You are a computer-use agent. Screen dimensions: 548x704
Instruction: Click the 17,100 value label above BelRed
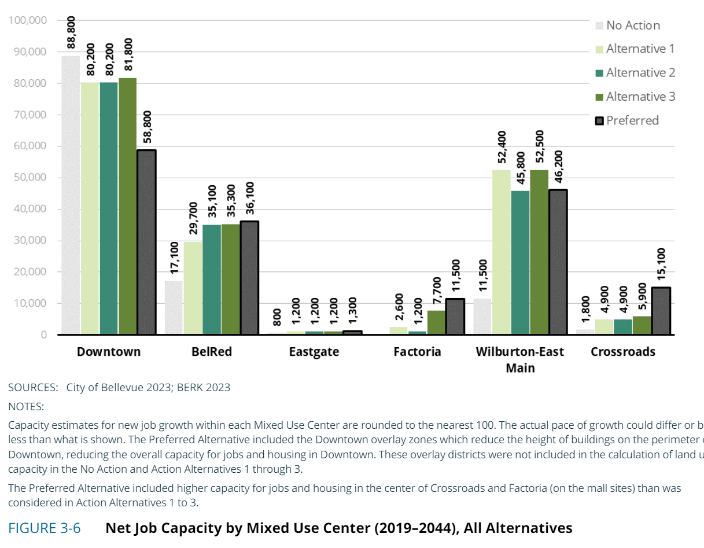[174, 260]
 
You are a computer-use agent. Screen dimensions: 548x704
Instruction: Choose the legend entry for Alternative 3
[640, 97]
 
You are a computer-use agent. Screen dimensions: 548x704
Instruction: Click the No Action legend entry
[633, 25]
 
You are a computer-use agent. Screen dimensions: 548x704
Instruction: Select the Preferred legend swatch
[600, 120]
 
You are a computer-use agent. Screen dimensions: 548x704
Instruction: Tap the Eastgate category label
[314, 352]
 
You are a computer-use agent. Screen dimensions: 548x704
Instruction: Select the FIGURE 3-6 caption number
[44, 528]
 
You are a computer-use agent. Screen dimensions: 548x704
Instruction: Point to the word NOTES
[26, 406]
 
